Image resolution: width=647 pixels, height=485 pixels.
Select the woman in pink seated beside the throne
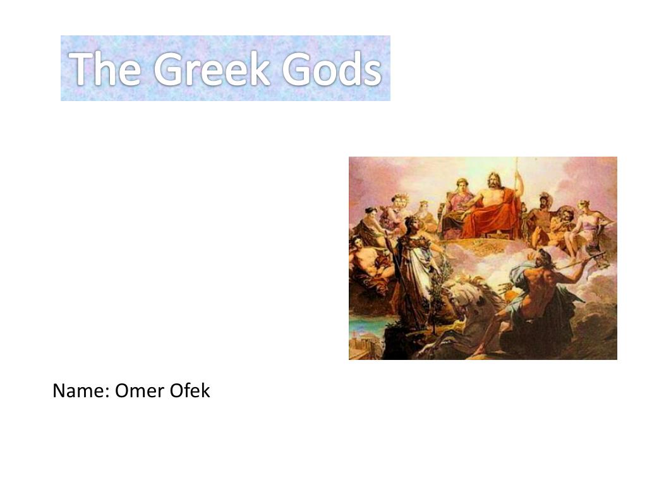pyautogui.click(x=457, y=202)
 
